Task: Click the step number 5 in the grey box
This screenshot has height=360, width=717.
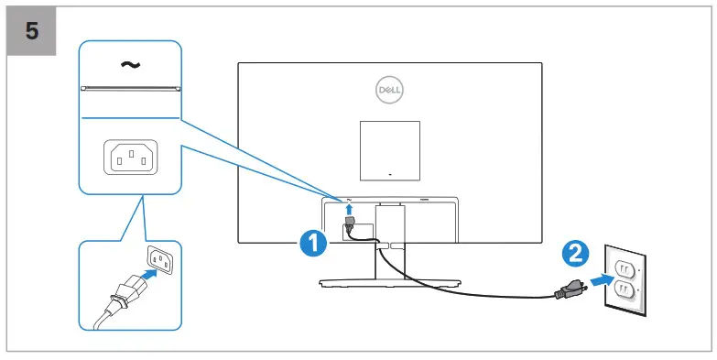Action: [x=32, y=29]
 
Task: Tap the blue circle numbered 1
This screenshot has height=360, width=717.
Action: [x=313, y=243]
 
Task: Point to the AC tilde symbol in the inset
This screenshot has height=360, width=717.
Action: [x=130, y=65]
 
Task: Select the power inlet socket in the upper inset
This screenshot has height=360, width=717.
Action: [x=130, y=158]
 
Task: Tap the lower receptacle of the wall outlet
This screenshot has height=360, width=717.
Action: [x=625, y=292]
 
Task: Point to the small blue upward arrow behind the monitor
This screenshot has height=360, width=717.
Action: [x=349, y=209]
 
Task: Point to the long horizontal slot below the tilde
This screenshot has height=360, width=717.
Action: [x=130, y=89]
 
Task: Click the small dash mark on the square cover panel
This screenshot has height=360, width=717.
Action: [x=389, y=173]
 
